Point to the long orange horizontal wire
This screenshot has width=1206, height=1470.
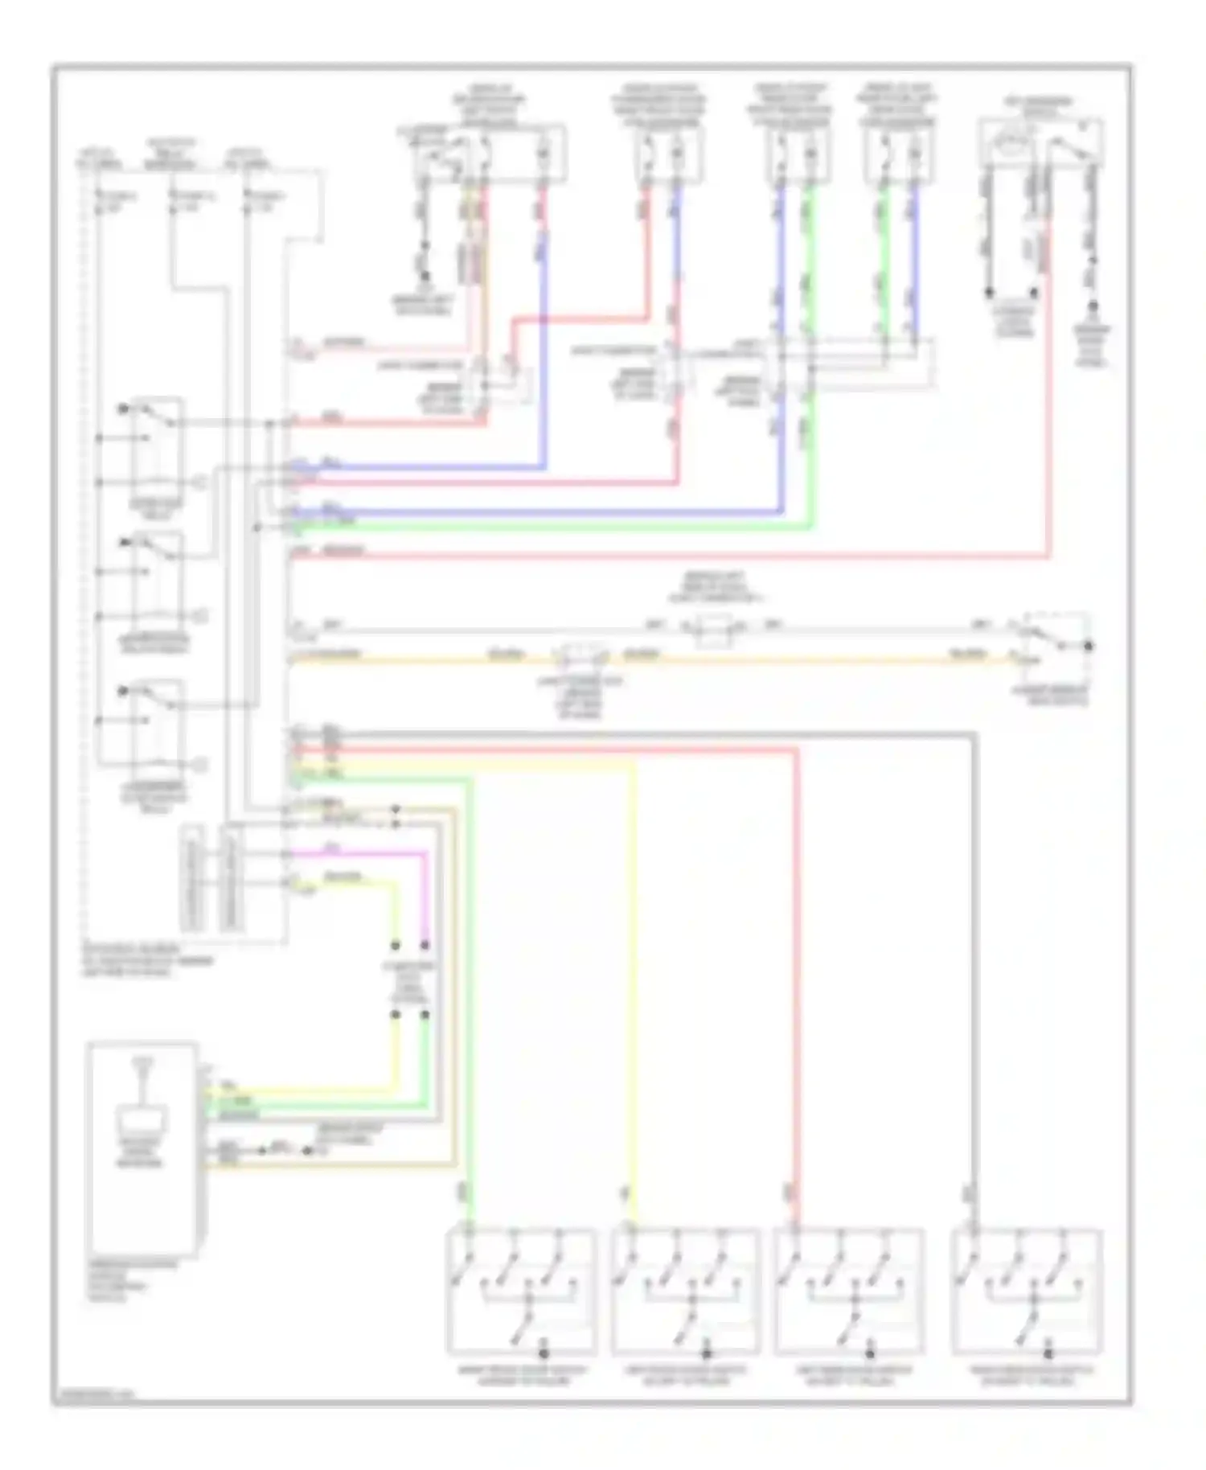click(x=804, y=661)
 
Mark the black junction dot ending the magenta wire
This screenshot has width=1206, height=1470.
click(x=425, y=945)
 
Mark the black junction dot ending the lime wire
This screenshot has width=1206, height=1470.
click(x=396, y=945)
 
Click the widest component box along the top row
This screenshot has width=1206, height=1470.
click(x=488, y=153)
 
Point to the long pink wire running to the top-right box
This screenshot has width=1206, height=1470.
click(x=667, y=555)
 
